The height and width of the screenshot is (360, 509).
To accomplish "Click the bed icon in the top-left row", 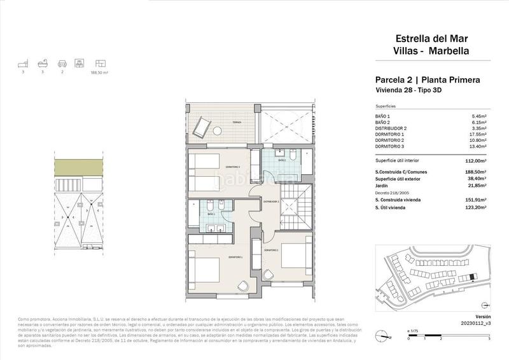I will pyautogui.click(x=23, y=64).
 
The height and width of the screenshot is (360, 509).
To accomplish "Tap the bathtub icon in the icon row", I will pyautogui.click(x=41, y=64).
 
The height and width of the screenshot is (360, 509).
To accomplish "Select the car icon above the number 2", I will pyautogui.click(x=61, y=64).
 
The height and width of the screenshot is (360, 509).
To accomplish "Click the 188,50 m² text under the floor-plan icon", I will pyautogui.click(x=100, y=73).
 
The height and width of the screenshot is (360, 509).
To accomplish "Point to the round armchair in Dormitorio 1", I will pyautogui.click(x=243, y=286).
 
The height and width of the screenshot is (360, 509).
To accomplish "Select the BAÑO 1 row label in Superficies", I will pyautogui.click(x=384, y=116).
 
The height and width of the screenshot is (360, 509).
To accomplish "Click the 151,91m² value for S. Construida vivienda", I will pyautogui.click(x=475, y=200).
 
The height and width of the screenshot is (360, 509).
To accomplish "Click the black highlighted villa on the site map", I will pyautogui.click(x=471, y=277).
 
